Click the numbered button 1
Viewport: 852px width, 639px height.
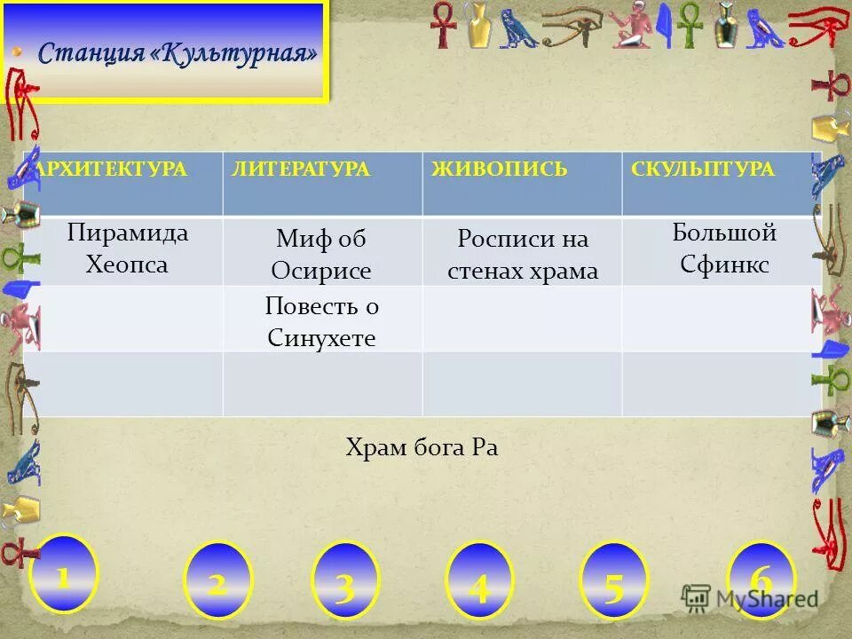coord(63,575)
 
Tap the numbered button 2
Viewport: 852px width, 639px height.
coord(217,581)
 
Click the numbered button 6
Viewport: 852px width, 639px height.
coord(761,577)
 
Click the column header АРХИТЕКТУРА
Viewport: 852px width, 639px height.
coord(113,170)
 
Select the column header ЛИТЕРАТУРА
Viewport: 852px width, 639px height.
coord(301,170)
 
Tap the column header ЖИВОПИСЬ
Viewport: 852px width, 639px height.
coord(500,170)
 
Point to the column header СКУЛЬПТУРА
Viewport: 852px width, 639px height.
coord(703,170)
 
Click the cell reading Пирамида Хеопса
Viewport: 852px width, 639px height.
coord(128,248)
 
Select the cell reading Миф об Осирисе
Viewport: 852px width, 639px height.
coord(321,254)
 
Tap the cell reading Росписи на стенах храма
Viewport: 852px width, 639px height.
coord(523,254)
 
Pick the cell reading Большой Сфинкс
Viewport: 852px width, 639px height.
coord(724,248)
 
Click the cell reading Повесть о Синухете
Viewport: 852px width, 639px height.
coord(321,321)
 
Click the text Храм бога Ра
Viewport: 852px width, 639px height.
coord(422,448)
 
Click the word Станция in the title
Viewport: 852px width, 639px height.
coord(91,53)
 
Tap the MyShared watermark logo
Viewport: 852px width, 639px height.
coord(751,598)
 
